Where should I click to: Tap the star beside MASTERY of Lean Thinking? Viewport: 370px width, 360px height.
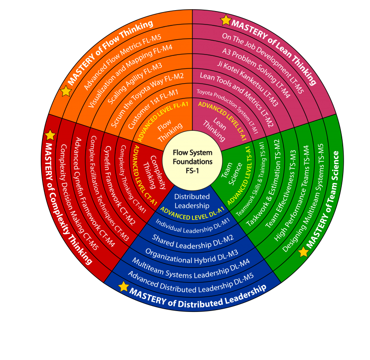226,20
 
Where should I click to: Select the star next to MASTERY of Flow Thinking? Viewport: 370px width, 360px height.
66,91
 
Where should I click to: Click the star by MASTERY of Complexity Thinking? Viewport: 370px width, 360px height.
50,135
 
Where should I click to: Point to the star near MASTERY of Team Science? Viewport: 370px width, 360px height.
303,252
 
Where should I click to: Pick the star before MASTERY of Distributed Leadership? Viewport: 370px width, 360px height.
123,287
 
